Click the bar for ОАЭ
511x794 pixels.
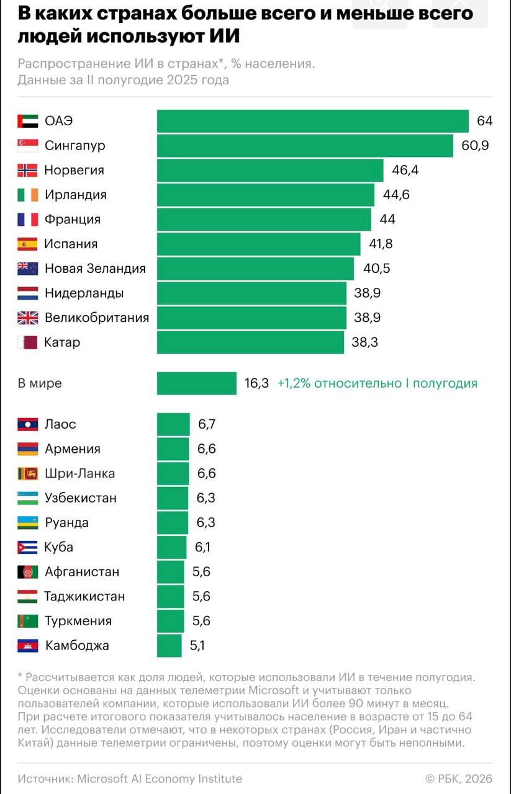click(312, 121)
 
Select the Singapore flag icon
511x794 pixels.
click(27, 146)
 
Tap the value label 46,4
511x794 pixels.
click(405, 170)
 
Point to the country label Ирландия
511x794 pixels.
click(75, 195)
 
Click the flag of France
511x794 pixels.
click(27, 220)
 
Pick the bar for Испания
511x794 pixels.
click(258, 244)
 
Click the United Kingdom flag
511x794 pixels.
click(27, 318)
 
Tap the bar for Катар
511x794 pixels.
click(250, 342)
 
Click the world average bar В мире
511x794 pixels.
click(196, 383)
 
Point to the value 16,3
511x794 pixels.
click(256, 383)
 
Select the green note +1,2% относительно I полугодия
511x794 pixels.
click(378, 383)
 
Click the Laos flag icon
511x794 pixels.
click(27, 424)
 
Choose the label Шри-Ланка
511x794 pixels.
click(79, 473)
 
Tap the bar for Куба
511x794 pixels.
click(171, 547)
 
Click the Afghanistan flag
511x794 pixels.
click(27, 572)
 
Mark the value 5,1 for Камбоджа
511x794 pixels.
click(197, 646)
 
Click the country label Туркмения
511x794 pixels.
click(78, 621)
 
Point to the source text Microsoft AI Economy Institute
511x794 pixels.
click(160, 778)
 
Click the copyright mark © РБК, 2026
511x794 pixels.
click(458, 778)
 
